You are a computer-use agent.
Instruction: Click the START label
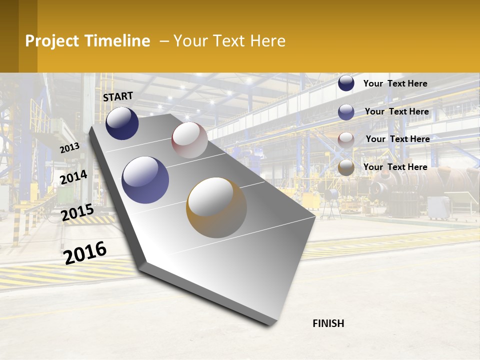pyautogui.click(x=118, y=96)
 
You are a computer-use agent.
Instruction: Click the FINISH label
pyautogui.click(x=328, y=323)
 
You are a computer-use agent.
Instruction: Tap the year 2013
pyautogui.click(x=69, y=147)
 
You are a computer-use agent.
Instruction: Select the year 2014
pyautogui.click(x=73, y=177)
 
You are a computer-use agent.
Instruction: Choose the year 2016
pyautogui.click(x=85, y=252)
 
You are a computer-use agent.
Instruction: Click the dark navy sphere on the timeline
pyautogui.click(x=122, y=123)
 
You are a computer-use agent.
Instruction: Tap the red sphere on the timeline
pyautogui.click(x=189, y=140)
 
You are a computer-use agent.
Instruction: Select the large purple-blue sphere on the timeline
pyautogui.click(x=145, y=180)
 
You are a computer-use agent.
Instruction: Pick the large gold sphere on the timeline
pyautogui.click(x=216, y=207)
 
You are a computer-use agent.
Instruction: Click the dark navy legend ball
pyautogui.click(x=346, y=83)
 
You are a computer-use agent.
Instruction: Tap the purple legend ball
pyautogui.click(x=346, y=112)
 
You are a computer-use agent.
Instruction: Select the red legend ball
pyautogui.click(x=346, y=140)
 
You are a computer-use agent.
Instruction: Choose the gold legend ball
pyautogui.click(x=346, y=168)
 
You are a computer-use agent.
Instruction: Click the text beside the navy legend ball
pyautogui.click(x=395, y=83)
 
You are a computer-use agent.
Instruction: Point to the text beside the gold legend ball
pyautogui.click(x=395, y=167)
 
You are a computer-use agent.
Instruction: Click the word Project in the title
pyautogui.click(x=52, y=41)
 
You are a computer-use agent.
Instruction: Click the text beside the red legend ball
pyautogui.click(x=398, y=139)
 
